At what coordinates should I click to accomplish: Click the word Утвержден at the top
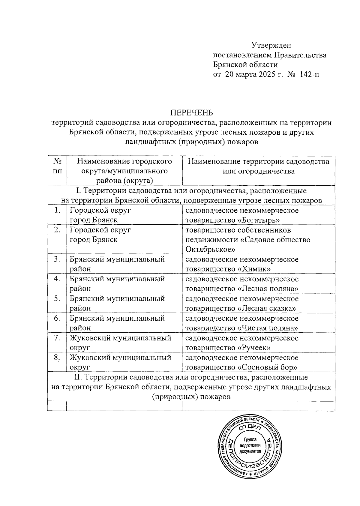click(x=271, y=45)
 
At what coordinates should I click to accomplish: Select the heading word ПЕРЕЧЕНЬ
click(x=191, y=113)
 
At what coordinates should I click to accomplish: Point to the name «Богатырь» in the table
click(x=256, y=220)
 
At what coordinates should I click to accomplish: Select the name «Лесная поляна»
click(x=268, y=289)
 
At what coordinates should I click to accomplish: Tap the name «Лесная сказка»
click(x=267, y=308)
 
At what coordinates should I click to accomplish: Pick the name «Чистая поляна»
click(x=268, y=328)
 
